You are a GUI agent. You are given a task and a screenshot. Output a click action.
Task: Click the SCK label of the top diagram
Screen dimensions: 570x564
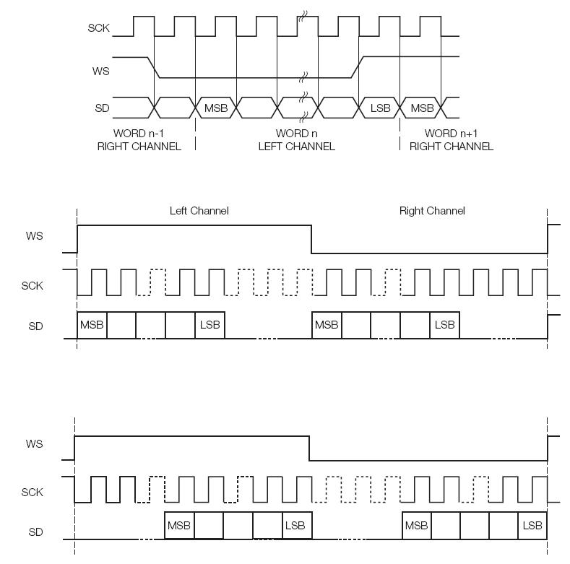point(98,28)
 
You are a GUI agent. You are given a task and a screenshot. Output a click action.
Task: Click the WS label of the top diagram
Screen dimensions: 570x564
point(100,71)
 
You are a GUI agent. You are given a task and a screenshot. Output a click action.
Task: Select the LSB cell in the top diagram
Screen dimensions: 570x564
point(379,108)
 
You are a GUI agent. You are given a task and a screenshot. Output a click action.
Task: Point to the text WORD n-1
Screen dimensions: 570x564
point(139,134)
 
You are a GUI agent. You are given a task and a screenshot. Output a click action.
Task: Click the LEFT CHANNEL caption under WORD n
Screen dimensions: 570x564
point(297,147)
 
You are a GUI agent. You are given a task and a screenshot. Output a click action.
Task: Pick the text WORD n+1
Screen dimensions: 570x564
point(451,134)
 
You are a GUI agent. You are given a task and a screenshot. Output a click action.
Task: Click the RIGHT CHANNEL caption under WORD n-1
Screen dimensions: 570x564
point(139,147)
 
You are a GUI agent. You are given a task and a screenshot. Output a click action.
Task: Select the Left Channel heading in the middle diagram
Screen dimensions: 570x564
point(199,211)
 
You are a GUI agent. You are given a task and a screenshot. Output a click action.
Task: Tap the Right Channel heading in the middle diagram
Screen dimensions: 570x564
point(432,211)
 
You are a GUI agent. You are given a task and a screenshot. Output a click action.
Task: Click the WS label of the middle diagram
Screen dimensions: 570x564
point(34,236)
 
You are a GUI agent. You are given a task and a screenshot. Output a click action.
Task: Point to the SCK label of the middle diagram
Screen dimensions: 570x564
point(32,286)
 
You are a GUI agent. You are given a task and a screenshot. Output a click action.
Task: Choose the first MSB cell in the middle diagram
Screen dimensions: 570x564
point(92,325)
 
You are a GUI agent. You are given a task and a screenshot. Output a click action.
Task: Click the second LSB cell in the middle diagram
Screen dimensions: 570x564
point(445,325)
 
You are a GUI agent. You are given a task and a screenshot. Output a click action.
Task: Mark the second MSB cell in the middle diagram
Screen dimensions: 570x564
point(327,325)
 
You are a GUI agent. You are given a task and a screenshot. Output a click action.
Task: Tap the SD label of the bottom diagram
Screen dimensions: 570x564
point(35,532)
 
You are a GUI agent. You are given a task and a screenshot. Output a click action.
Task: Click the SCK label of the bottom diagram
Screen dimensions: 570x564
point(32,492)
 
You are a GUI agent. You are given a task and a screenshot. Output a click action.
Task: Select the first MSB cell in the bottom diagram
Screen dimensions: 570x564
point(180,526)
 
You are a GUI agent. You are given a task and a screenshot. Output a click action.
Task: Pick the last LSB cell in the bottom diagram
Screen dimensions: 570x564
point(532,526)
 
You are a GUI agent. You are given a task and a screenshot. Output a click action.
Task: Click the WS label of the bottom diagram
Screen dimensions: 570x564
point(34,443)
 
